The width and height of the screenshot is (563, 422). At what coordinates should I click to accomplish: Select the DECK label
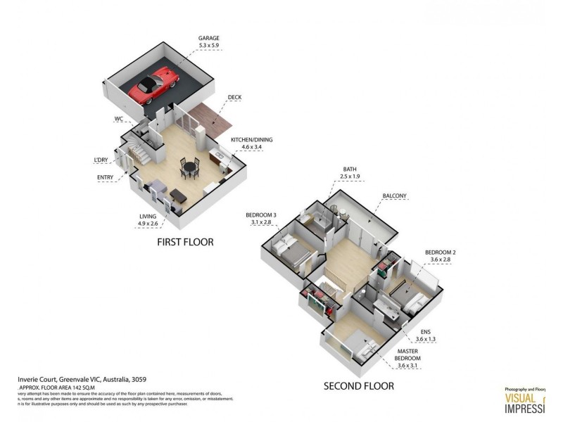coord(236,98)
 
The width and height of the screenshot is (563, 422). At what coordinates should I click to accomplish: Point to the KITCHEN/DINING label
coord(252,140)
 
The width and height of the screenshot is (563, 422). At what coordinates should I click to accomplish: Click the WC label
coord(119,119)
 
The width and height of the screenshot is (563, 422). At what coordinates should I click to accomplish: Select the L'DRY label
coord(101,160)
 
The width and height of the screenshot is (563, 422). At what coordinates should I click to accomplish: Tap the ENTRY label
coord(106,177)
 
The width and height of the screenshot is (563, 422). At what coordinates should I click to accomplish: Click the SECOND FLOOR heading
coord(358,385)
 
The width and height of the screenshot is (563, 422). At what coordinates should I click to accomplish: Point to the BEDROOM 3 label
coord(261,215)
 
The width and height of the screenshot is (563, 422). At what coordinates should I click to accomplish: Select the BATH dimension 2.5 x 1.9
coord(350,177)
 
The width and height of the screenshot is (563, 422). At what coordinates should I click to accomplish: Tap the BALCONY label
coord(396,196)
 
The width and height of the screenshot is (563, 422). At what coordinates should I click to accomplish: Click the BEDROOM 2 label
coord(441,252)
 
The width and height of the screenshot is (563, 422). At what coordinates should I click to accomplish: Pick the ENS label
coord(426,331)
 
